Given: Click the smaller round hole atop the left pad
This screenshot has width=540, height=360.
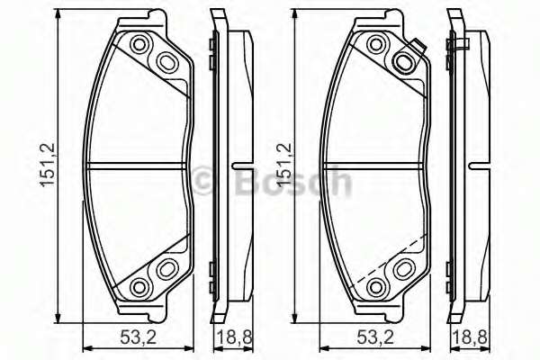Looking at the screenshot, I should coord(139,45).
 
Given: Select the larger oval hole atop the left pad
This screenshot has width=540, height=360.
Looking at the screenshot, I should coord(166,61).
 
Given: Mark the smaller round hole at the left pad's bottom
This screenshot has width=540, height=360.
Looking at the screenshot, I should coord(139,285).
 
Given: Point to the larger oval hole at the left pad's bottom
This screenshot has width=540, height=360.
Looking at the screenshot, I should coord(166,268).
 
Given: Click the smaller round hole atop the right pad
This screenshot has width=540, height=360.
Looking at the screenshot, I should coord(375,45).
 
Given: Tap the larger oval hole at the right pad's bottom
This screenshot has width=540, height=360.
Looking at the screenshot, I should coord(402,268).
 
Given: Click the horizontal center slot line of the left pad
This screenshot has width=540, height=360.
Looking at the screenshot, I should coord(135,165).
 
